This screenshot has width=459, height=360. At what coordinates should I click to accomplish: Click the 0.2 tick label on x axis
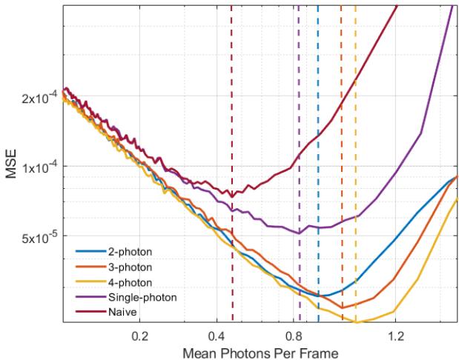140,336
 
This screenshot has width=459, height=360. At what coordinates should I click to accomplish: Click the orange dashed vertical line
341,185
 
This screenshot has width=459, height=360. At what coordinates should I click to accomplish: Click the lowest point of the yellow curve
357,322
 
